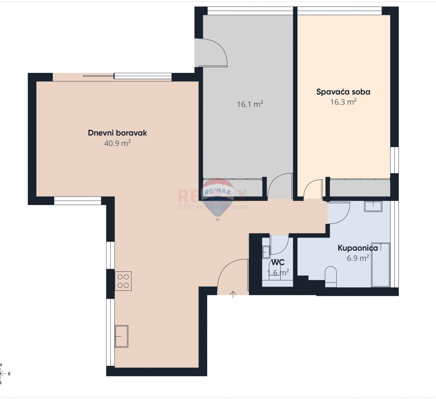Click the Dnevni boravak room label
coord(117,133)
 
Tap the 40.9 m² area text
coord(117,143)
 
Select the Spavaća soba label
coord(343,92)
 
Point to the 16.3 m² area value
coord(343,102)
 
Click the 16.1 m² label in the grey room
coord(250,105)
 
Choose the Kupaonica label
coord(357,248)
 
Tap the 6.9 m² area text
coord(357,258)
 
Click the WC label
coord(277,262)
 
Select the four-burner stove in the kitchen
coord(123,281)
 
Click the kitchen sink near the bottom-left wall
coord(121,336)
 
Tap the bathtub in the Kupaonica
coord(381,265)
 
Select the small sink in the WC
coord(266,252)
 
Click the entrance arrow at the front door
coord(233,294)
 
